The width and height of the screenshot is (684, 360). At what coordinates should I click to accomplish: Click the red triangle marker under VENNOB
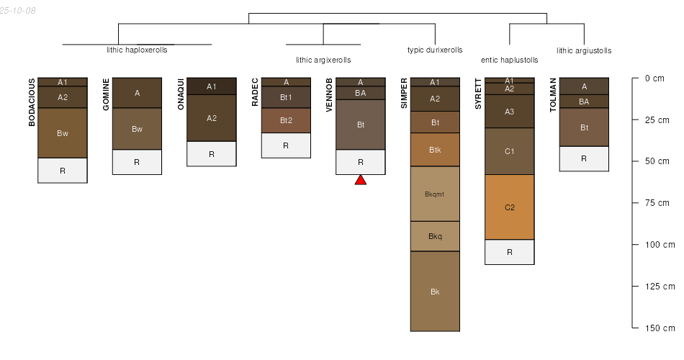pyautogui.click(x=360, y=180)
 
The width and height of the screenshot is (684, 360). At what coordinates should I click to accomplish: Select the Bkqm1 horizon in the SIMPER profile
pyautogui.click(x=435, y=194)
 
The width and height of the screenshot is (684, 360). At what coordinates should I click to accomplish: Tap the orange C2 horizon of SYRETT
pyautogui.click(x=510, y=207)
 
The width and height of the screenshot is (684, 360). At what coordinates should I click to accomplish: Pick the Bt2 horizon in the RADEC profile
pyautogui.click(x=286, y=120)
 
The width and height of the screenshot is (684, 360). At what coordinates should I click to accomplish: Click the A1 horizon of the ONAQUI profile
pyautogui.click(x=212, y=86)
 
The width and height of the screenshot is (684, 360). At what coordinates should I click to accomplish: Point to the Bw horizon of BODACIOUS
pyautogui.click(x=63, y=133)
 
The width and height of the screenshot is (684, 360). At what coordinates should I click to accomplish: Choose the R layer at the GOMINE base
pyautogui.click(x=137, y=162)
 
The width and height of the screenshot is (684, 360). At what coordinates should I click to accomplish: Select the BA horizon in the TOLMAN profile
pyautogui.click(x=584, y=102)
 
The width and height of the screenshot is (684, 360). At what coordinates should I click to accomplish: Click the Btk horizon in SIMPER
pyautogui.click(x=435, y=150)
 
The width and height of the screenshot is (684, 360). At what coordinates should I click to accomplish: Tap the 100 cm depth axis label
pyautogui.click(x=660, y=244)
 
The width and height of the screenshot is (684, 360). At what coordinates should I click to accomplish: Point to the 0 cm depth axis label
pyautogui.click(x=654, y=78)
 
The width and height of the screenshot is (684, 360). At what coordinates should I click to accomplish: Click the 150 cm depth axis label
pyautogui.click(x=660, y=328)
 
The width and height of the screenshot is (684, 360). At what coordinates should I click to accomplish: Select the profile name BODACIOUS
pyautogui.click(x=32, y=102)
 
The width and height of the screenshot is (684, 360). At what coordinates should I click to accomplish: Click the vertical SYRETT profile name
pyautogui.click(x=478, y=94)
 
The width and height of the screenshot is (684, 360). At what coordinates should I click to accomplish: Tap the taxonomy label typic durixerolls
pyautogui.click(x=435, y=50)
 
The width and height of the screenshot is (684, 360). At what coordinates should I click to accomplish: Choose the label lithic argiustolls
pyautogui.click(x=584, y=50)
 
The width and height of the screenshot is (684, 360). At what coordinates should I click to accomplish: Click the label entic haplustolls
pyautogui.click(x=510, y=60)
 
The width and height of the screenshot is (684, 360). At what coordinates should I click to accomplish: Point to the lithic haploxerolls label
pyautogui.click(x=137, y=50)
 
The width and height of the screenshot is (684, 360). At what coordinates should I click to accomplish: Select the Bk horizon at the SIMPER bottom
pyautogui.click(x=435, y=292)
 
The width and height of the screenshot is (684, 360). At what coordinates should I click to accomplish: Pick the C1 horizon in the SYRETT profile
pyautogui.click(x=510, y=151)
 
